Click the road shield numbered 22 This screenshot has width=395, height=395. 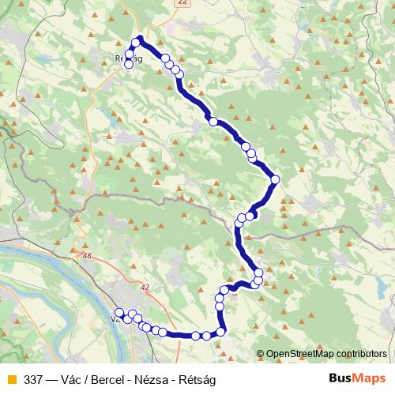tap(183, 3)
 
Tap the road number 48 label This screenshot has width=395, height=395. tap(86, 255)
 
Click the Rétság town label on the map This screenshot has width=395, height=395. tap(128, 58)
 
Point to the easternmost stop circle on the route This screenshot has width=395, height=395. tap(275, 180)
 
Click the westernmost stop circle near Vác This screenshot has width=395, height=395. tap(118, 313)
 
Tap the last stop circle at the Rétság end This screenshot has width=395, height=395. tap(129, 66)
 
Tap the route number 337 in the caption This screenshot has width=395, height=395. tap(34, 378)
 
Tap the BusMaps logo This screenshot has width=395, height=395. tap(356, 378)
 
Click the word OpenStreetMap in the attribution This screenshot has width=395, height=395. tap(300, 355)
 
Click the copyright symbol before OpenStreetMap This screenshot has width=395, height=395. tap(260, 355)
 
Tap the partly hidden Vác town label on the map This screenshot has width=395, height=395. tap(115, 320)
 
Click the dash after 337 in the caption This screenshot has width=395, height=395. tap(52, 378)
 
